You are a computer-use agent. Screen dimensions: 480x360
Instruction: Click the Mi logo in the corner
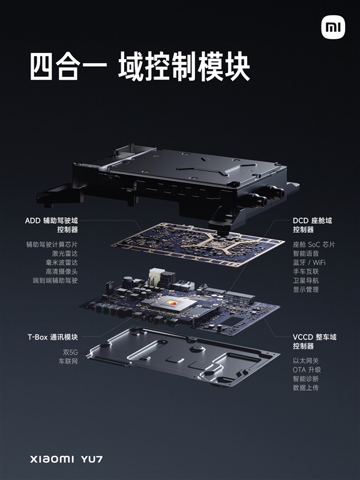333,28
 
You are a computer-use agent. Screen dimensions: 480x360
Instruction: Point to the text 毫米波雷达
62,262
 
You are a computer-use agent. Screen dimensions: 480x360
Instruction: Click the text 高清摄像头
62,271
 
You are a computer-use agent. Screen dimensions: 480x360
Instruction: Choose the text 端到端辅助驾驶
58,280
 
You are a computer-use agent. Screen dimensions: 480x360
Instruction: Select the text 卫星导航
306,280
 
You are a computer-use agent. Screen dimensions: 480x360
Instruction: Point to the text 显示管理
306,289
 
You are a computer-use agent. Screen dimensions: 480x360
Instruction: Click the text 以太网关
306,361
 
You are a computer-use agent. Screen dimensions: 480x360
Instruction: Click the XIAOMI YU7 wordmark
66,458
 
